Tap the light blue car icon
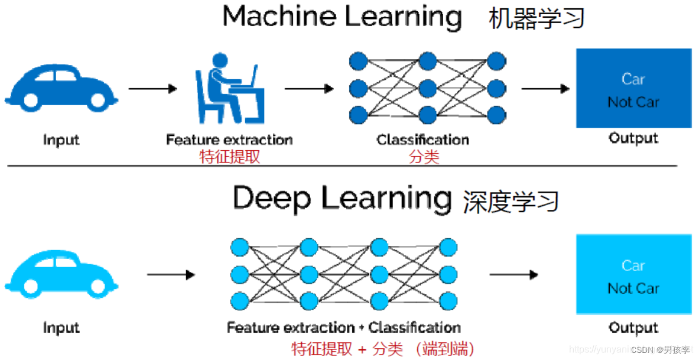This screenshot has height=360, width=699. coord(61,274)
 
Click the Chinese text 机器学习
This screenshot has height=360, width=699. coord(537,19)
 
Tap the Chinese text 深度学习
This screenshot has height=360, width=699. coord(511,201)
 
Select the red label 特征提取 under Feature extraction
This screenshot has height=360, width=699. coord(230,157)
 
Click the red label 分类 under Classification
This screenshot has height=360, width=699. coord(424,157)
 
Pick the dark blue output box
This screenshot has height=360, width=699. coord(633,88)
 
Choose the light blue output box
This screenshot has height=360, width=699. coord(633,274)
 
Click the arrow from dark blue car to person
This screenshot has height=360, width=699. coord(152,89)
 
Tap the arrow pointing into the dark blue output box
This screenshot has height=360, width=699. coord(545,89)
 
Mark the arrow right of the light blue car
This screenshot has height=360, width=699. coord(171,275)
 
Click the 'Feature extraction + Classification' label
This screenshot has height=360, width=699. coord(343,327)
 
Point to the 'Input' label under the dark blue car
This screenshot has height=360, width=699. coord(61,140)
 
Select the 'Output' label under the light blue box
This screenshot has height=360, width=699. coord(633,327)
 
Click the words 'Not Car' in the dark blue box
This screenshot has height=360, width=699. coord(633,102)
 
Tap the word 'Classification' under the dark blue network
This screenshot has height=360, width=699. coord(423,140)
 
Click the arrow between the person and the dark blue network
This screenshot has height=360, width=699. coord(309,89)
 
